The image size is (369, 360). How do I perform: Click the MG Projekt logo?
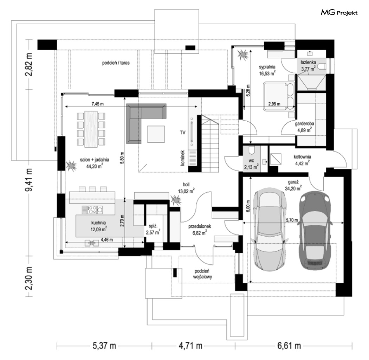click(x=339, y=12)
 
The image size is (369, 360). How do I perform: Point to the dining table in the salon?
click(x=91, y=129)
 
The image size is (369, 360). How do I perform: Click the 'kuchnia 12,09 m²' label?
click(x=98, y=226)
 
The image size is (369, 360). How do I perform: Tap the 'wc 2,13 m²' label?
click(x=251, y=164)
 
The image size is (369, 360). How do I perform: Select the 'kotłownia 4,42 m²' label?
click(x=302, y=160)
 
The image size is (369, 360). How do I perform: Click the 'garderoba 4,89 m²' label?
click(x=305, y=127)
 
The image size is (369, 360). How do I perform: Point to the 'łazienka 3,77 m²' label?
click(x=308, y=66)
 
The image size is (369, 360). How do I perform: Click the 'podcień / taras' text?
click(x=116, y=63)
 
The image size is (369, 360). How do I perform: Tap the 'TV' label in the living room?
click(x=183, y=133)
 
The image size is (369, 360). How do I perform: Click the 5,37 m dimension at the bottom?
click(x=104, y=346)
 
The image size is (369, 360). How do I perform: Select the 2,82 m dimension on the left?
click(x=29, y=65)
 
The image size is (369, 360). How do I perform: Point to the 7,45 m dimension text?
click(x=98, y=104)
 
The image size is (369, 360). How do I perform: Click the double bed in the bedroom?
click(x=279, y=96)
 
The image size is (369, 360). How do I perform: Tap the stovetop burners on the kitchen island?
click(x=92, y=210)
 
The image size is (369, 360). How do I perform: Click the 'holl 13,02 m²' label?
click(x=186, y=188)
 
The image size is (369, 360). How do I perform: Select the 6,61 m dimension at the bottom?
click(x=289, y=346)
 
